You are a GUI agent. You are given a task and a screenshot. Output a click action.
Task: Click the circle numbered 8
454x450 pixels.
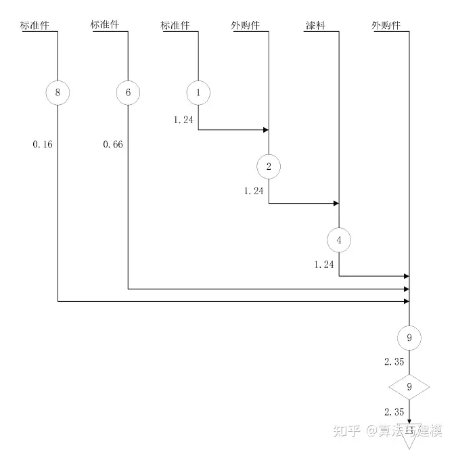click(58, 93)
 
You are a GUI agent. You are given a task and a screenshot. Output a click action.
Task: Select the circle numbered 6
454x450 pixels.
click(128, 93)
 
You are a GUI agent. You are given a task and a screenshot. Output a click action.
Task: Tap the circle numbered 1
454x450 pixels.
click(198, 93)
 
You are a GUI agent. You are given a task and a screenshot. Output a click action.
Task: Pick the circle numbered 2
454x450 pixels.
click(269, 166)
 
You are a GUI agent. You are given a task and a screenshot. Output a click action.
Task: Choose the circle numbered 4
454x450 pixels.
click(339, 240)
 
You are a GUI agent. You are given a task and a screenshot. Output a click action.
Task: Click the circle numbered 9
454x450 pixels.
click(409, 337)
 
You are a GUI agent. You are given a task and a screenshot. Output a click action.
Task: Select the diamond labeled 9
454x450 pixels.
click(409, 387)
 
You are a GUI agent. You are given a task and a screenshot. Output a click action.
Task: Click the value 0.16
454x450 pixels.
click(42, 144)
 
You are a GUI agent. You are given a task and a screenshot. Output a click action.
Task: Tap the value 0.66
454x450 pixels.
click(112, 144)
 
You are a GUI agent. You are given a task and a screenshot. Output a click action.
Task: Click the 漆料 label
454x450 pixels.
click(316, 26)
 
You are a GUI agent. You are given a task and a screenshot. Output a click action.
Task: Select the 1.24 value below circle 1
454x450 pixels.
click(183, 119)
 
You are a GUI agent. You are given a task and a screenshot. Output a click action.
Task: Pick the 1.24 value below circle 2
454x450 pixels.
click(254, 192)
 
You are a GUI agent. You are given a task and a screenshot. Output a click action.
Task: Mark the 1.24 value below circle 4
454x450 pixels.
click(324, 265)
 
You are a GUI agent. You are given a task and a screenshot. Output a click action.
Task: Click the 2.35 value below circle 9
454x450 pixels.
click(394, 362)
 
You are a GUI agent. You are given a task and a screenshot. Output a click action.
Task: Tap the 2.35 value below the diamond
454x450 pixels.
click(394, 412)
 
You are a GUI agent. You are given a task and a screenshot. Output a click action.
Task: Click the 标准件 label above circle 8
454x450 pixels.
click(35, 26)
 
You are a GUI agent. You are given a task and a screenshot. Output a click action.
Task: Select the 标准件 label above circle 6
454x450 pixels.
click(105, 26)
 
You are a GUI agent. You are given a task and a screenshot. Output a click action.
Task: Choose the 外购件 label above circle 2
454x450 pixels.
click(246, 26)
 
